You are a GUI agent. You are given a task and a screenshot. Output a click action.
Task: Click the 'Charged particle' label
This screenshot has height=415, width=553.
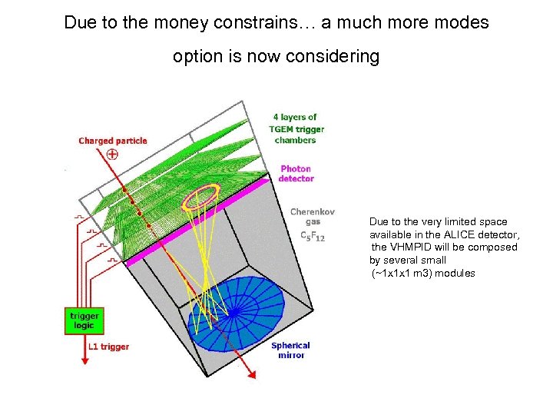coord(112,141)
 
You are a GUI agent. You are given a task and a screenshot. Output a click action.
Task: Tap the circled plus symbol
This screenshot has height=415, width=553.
coord(112,154)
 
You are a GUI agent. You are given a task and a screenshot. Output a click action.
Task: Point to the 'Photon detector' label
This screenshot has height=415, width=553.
coord(296,174)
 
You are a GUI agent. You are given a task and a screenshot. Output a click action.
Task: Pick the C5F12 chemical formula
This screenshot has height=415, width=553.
coord(312,237)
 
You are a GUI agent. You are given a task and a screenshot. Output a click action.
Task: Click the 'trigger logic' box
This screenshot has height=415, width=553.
coord(84,320)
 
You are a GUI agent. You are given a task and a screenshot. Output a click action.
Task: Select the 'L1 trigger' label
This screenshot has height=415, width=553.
coord(108,347)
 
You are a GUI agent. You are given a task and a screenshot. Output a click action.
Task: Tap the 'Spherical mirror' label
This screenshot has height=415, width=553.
coord(290,350)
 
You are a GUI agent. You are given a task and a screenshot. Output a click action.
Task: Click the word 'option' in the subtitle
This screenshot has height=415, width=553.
coord(198,56)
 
